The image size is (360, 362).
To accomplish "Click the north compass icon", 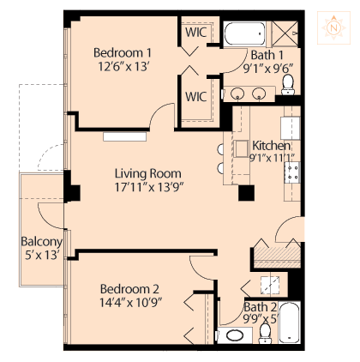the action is [333, 27].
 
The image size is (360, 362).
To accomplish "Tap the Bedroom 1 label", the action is [123, 53].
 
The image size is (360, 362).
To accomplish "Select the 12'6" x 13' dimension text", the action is [123, 67].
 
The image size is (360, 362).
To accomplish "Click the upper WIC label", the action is [195, 32].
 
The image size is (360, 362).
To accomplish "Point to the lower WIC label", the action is [195, 97].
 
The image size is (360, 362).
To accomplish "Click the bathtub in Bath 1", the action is [244, 33].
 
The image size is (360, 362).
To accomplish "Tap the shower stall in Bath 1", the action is [285, 33].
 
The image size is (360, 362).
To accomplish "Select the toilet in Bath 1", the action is [288, 85].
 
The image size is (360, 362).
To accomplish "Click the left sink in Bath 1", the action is [237, 94].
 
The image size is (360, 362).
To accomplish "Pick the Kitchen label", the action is [271, 146].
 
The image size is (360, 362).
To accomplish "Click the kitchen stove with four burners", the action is [292, 172].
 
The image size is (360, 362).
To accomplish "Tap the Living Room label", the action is [148, 173].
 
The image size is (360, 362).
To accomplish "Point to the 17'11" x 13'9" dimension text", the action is [148, 187].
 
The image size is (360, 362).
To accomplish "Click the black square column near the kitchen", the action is [246, 193].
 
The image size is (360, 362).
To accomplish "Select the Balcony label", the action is [42, 242].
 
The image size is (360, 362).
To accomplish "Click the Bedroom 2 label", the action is [129, 289].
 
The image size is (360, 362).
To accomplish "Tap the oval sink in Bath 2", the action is [235, 335].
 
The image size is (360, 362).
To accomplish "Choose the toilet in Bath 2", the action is [265, 334].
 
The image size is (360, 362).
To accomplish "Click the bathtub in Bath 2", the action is [289, 323].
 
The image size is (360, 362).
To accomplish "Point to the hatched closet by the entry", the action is [277, 257].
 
